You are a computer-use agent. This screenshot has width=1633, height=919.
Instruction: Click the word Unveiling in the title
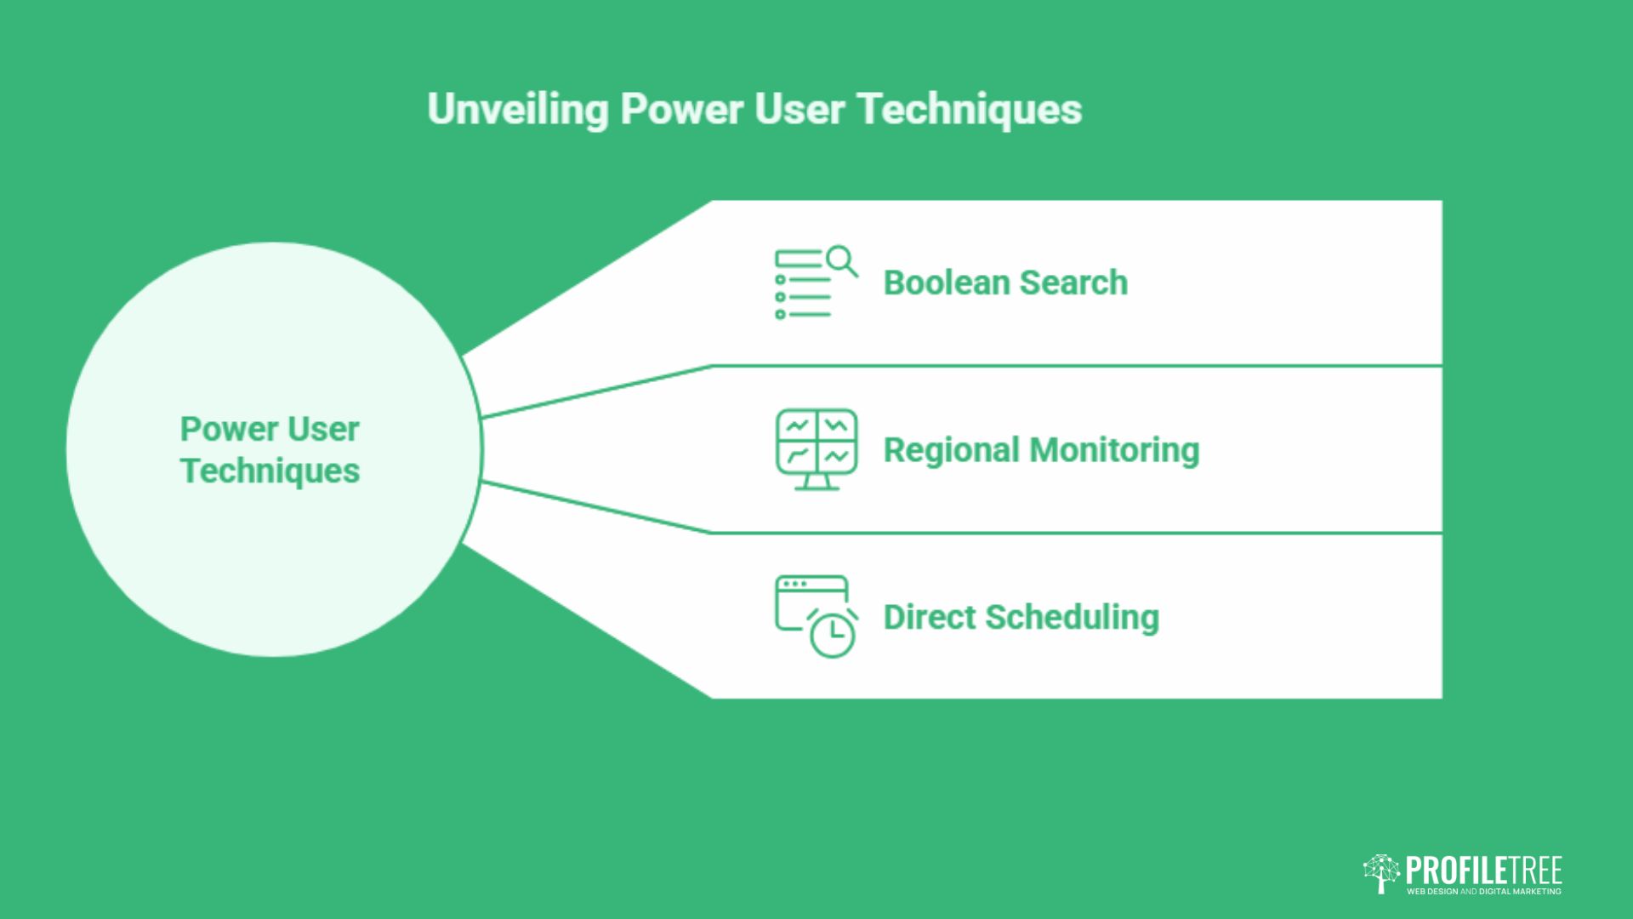(518, 110)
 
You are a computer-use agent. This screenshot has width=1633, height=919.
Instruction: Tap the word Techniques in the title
(970, 110)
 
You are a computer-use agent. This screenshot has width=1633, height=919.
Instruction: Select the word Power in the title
(682, 109)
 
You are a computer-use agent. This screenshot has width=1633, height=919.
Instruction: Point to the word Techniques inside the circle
(270, 471)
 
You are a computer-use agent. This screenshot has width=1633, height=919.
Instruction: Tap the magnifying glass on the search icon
(842, 260)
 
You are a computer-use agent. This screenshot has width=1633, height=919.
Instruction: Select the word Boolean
(946, 283)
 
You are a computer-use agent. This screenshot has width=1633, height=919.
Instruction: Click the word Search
(1074, 283)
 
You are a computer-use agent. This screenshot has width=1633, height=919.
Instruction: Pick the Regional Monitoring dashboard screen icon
(816, 449)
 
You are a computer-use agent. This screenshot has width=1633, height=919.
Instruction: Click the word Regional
(952, 450)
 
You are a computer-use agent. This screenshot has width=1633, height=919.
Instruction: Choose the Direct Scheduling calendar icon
(816, 616)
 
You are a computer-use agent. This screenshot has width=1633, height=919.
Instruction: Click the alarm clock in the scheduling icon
(833, 633)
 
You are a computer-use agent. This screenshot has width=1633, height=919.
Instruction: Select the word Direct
(930, 617)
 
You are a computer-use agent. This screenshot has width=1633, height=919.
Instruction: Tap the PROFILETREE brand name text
(1484, 870)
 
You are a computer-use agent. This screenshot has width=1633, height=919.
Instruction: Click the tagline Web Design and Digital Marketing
(1484, 892)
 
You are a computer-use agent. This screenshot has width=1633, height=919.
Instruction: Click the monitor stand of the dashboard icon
(816, 482)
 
